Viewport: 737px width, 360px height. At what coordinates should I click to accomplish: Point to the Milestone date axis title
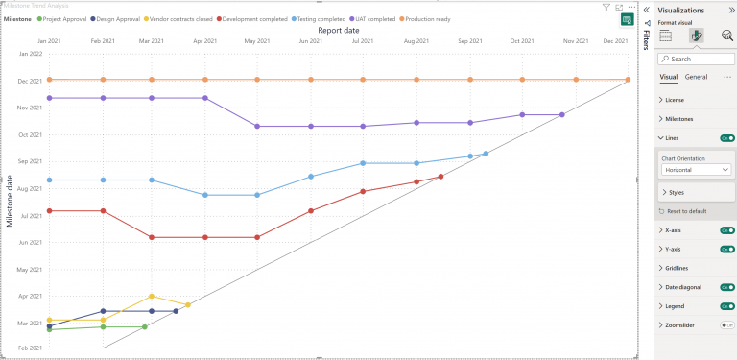(x=11, y=201)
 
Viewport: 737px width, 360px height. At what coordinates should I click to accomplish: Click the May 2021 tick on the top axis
(x=257, y=41)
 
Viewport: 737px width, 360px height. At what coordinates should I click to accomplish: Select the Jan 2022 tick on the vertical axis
(x=30, y=55)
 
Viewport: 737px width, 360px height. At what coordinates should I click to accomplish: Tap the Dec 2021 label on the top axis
(x=615, y=41)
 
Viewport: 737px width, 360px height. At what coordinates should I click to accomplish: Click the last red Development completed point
(x=440, y=177)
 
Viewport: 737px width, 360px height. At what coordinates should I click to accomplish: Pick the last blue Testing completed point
(x=487, y=154)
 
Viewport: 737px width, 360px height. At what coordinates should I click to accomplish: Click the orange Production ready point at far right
(x=628, y=80)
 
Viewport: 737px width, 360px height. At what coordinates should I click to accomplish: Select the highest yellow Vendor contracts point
(x=152, y=296)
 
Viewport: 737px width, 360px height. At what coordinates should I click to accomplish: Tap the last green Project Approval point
(x=145, y=327)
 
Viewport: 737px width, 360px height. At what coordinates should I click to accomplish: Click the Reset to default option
(x=686, y=210)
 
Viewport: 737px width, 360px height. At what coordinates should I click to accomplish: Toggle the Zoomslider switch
(x=726, y=325)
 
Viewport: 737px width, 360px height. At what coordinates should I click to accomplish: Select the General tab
(x=696, y=77)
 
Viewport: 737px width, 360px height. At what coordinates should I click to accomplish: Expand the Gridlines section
(x=679, y=268)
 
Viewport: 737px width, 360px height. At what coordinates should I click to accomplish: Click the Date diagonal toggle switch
(x=726, y=287)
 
